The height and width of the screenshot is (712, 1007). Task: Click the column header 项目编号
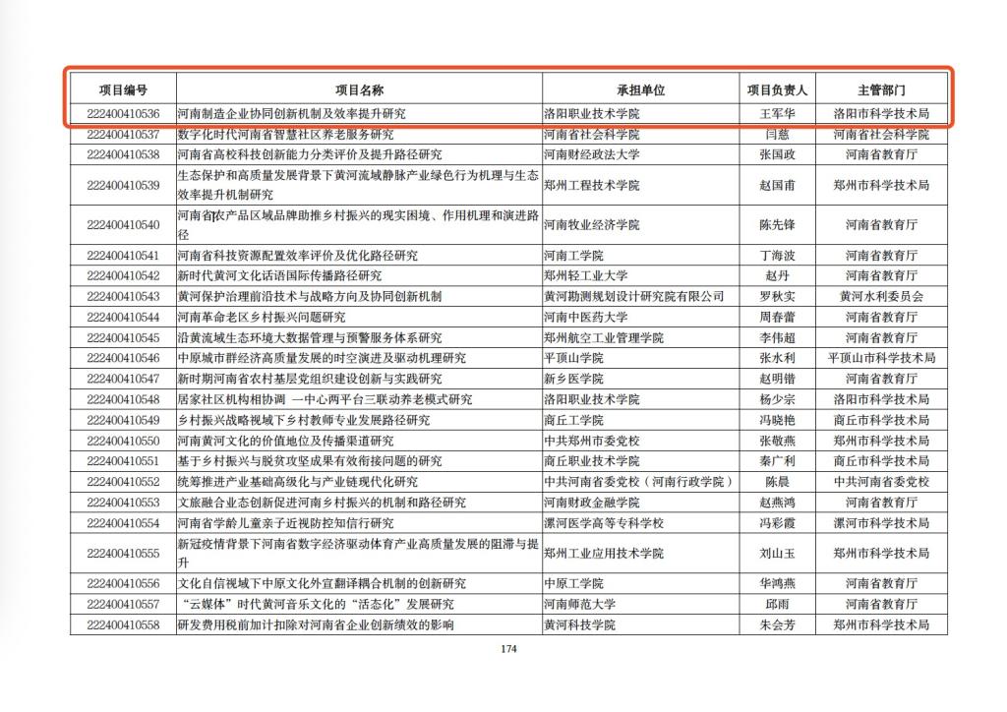(123, 90)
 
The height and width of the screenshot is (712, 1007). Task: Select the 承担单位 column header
(641, 90)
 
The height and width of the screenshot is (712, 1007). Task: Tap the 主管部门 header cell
(880, 90)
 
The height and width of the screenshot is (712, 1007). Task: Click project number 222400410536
(123, 113)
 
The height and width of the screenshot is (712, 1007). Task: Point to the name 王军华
(777, 113)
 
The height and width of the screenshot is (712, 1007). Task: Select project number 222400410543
(123, 296)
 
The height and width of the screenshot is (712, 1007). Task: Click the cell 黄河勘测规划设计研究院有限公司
(633, 296)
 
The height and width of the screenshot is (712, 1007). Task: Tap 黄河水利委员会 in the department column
(881, 296)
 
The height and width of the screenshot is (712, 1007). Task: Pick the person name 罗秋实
(777, 296)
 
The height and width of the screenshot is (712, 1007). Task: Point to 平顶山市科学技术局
(881, 358)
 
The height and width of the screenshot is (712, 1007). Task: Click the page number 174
(508, 649)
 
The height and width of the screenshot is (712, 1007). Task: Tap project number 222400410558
(123, 625)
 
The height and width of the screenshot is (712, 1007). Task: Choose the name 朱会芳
(777, 625)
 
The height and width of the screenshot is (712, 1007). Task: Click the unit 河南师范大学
(579, 604)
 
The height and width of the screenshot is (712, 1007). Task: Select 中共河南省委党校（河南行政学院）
(639, 482)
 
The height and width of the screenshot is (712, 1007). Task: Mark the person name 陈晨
(777, 482)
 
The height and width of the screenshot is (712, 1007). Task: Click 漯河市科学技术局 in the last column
(881, 522)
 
